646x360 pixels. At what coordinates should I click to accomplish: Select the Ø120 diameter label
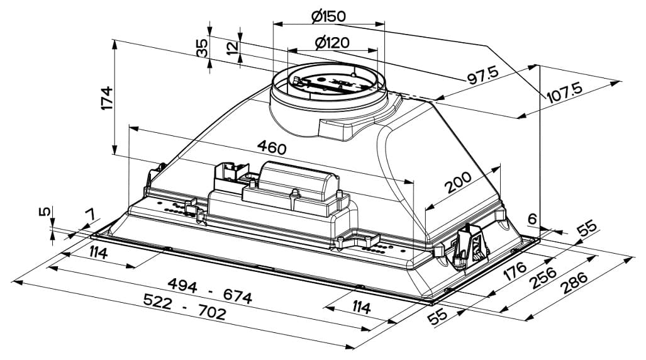pos(332,43)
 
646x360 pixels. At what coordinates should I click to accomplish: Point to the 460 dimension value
pos(271,148)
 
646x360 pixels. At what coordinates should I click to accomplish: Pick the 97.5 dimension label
pos(482,76)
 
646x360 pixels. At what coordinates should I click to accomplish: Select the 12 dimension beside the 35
pos(233,48)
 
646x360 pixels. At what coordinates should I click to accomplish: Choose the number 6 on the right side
pos(532,219)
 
